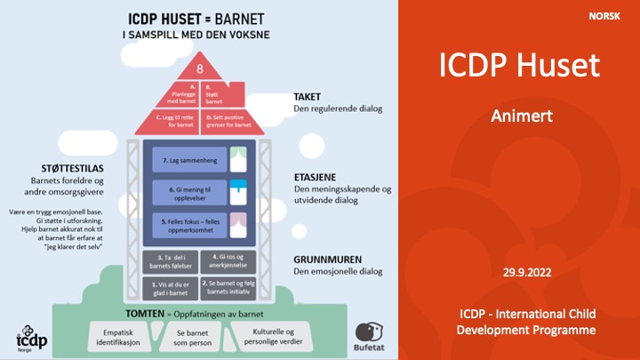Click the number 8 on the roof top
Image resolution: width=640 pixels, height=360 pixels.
(200, 68)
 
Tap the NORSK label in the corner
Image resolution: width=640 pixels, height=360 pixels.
(604, 17)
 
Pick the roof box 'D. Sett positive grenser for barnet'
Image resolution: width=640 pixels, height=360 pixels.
(227, 120)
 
